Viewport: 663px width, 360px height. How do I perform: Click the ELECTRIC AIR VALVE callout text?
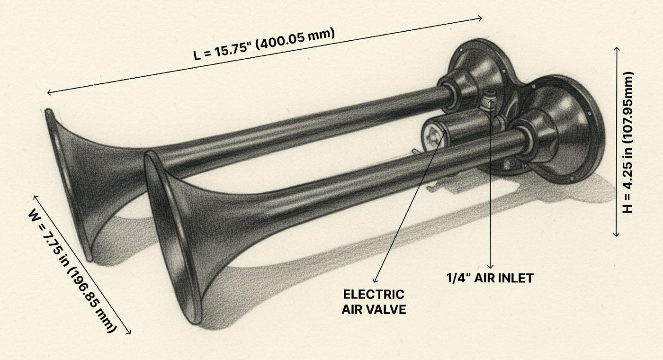pyautogui.click(x=374, y=302)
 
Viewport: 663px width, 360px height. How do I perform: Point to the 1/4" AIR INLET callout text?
pyautogui.click(x=490, y=278)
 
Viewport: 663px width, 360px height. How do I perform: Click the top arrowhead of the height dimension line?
pyautogui.click(x=617, y=48)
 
